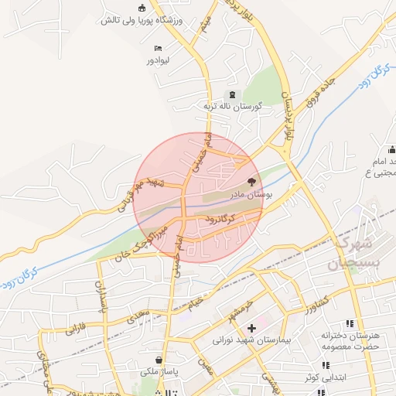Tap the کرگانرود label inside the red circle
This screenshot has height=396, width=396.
click(224, 220)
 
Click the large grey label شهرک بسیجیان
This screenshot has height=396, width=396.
click(355, 253)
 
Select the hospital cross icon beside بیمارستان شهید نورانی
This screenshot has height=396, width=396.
click(251, 328)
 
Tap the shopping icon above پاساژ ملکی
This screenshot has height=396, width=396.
click(159, 360)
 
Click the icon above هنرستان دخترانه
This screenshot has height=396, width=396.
click(350, 323)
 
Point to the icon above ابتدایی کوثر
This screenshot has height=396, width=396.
click(323, 365)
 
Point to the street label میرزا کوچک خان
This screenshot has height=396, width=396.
click(141, 239)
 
